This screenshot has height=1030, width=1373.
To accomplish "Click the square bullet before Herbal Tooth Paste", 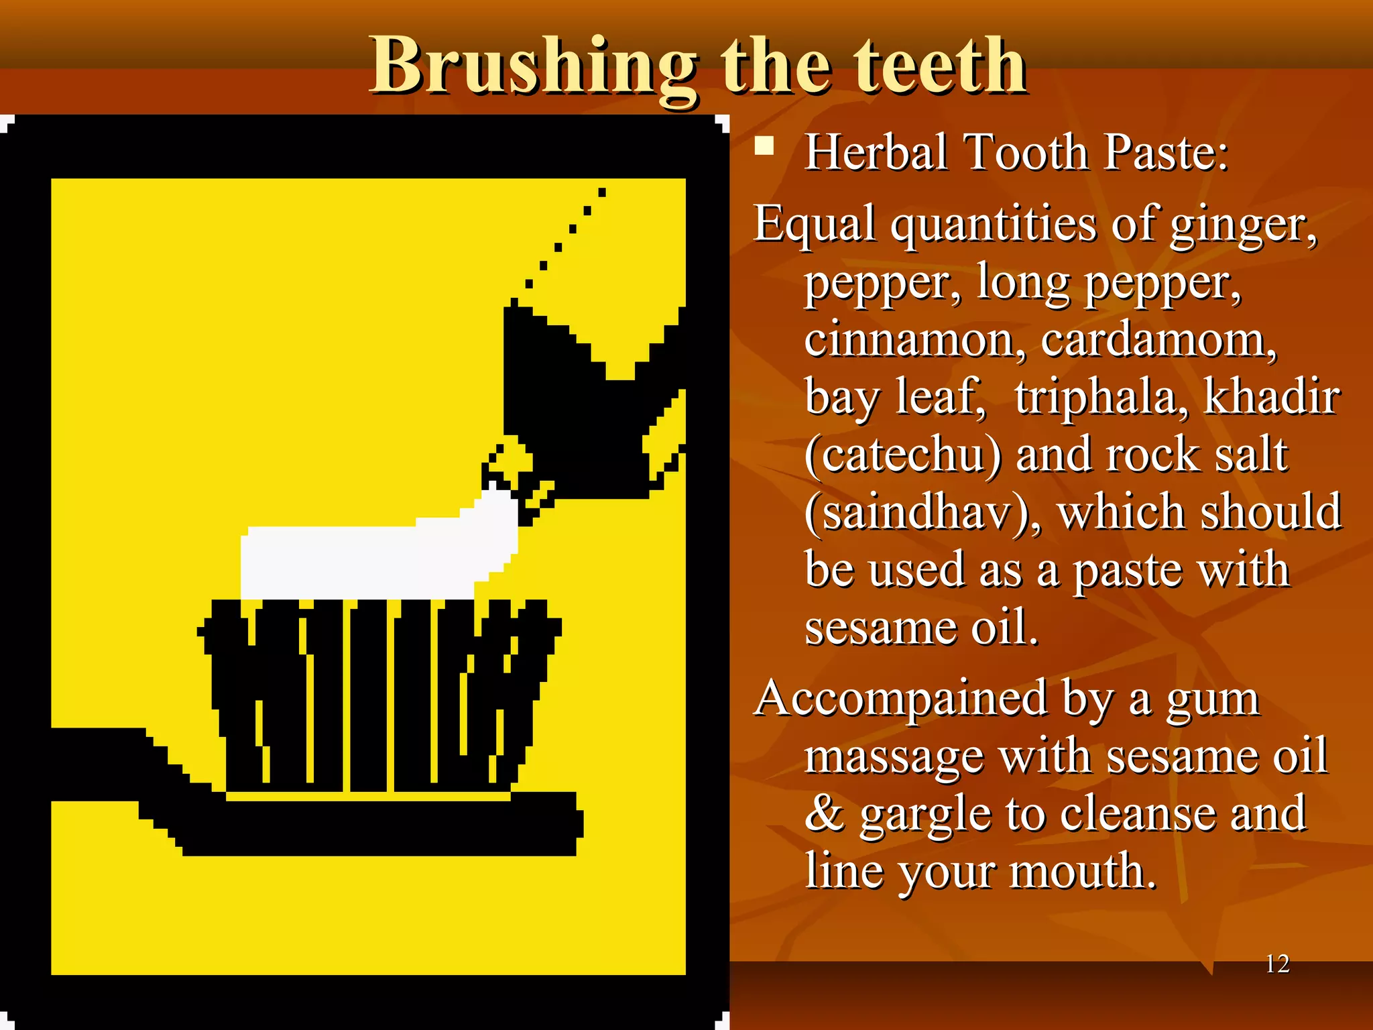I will point(764,146).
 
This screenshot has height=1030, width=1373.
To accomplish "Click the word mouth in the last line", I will point(1083,872).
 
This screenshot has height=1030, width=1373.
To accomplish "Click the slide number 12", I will point(1277,964).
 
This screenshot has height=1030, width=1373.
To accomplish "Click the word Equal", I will point(815,224).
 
